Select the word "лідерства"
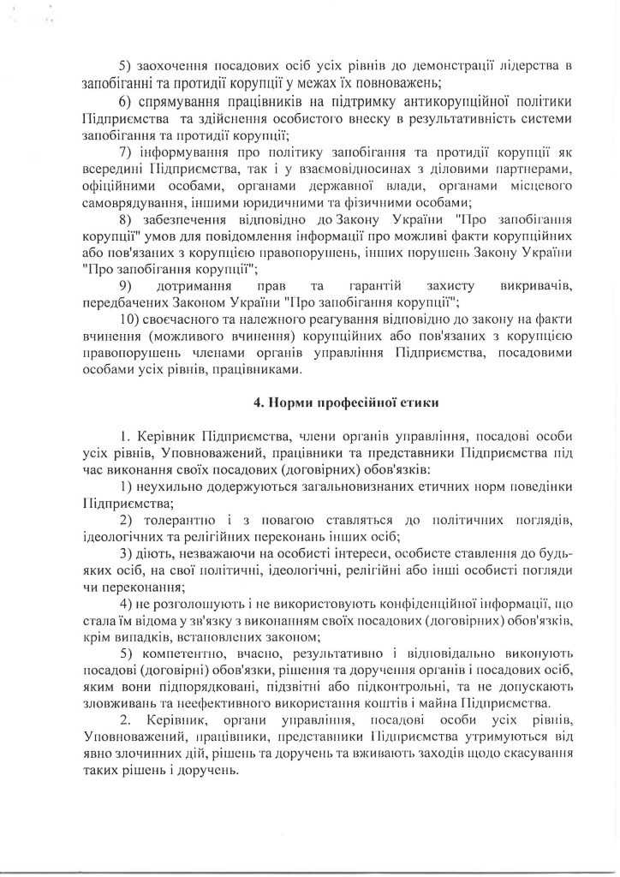538,66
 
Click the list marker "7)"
125,152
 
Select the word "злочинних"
165,754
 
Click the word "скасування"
535,754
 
